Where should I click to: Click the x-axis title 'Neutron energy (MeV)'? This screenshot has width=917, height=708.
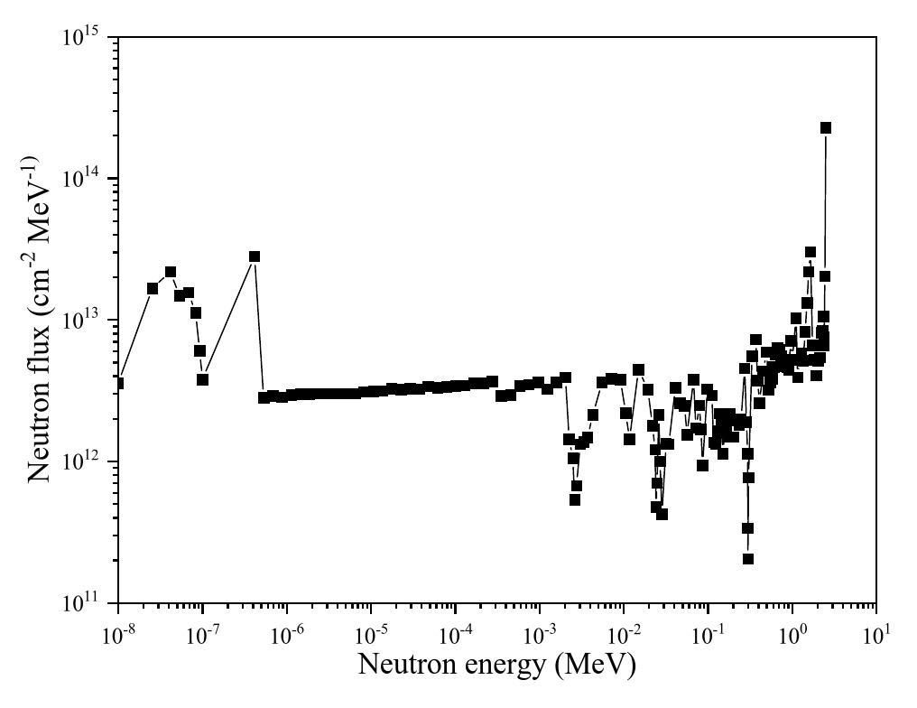click(x=496, y=665)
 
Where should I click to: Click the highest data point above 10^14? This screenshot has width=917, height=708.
click(x=825, y=128)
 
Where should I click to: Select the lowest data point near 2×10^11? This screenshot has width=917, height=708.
click(x=748, y=559)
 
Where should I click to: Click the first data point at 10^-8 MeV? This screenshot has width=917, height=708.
click(x=118, y=383)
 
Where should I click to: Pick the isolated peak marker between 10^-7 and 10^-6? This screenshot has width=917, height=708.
click(x=255, y=256)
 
